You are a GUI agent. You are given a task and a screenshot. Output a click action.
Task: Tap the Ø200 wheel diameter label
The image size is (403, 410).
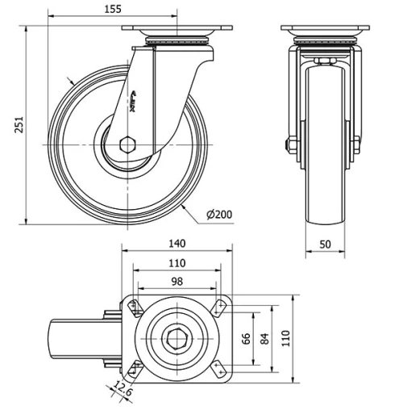pyautogui.click(x=219, y=214)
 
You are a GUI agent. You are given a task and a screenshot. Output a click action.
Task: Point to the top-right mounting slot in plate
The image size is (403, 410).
pyautogui.click(x=218, y=307)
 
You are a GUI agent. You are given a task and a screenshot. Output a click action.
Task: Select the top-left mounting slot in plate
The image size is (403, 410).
pyautogui.click(x=134, y=307)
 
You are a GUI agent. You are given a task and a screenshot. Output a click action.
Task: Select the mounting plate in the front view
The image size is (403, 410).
pyautogui.click(x=323, y=30)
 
